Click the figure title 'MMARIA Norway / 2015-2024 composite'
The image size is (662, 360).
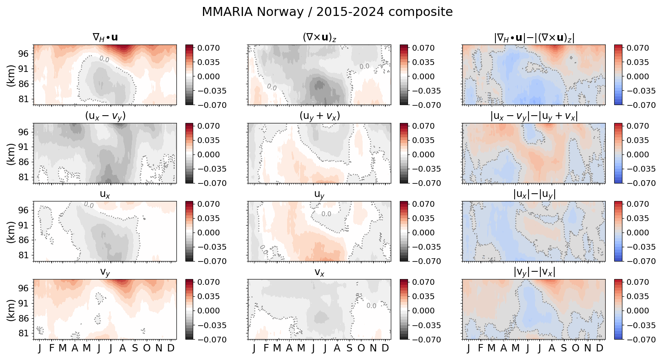point(327,12)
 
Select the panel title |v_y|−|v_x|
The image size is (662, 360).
point(534,272)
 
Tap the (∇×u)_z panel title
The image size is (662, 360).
point(319,38)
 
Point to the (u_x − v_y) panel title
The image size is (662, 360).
point(105,116)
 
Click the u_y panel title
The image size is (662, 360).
point(319,195)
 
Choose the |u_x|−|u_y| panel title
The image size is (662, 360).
point(534,194)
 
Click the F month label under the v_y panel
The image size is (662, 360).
point(51,348)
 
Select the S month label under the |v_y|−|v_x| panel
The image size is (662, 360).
point(564,348)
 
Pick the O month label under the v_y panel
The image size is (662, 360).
point(147,348)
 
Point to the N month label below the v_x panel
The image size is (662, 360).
point(373,348)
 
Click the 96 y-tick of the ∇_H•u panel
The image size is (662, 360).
point(23,54)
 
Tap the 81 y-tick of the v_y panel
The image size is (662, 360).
point(23,333)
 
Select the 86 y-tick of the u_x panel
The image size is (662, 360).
point(23,240)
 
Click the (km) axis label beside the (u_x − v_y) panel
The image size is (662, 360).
point(11,154)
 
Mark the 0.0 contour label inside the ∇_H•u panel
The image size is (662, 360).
point(104,59)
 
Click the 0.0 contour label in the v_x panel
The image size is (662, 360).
point(371,306)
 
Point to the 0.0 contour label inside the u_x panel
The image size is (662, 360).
point(89,205)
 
